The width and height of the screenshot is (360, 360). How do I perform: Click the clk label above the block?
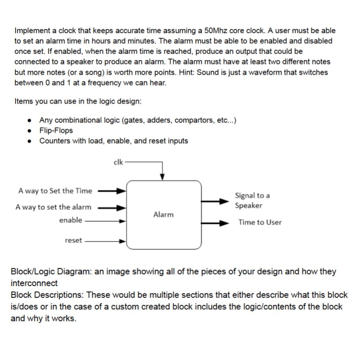click(x=118, y=162)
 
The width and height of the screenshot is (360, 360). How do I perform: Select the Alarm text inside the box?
click(x=163, y=214)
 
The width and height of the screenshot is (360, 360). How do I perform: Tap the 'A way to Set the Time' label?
click(x=55, y=191)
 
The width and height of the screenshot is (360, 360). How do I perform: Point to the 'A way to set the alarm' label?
click(x=53, y=207)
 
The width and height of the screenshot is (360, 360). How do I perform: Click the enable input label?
click(x=70, y=220)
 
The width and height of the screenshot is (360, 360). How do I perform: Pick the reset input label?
click(x=73, y=240)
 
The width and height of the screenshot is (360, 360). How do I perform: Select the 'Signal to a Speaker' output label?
click(x=252, y=200)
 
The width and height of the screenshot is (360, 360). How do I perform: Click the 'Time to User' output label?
click(x=260, y=222)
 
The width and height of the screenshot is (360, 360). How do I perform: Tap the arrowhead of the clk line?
click(x=162, y=177)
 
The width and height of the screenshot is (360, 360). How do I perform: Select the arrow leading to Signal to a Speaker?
click(x=215, y=201)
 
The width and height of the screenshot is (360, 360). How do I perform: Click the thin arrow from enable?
click(x=106, y=221)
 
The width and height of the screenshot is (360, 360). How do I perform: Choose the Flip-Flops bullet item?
click(x=56, y=130)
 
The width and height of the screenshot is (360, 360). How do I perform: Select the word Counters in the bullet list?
click(x=54, y=141)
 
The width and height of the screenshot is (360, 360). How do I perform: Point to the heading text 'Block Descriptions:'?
click(x=47, y=295)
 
